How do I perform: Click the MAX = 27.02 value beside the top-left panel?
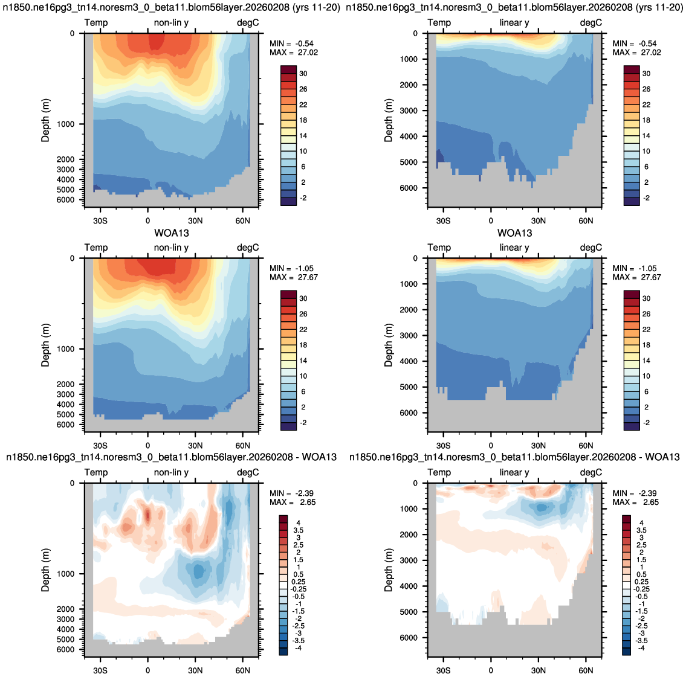[x=294, y=53]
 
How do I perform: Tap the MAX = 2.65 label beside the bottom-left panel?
[x=293, y=502]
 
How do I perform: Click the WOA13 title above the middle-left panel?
[x=172, y=233]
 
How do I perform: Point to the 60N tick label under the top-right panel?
[x=586, y=220]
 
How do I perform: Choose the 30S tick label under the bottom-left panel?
[x=100, y=670]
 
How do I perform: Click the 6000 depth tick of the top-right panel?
[x=410, y=188]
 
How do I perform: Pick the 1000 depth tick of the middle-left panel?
[x=66, y=349]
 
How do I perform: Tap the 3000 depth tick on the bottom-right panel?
[x=410, y=560]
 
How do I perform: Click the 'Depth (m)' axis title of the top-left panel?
[x=45, y=120]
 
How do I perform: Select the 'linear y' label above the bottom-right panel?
[x=514, y=472]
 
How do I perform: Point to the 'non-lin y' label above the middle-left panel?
[x=171, y=248]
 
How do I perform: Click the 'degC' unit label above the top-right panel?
[x=591, y=23]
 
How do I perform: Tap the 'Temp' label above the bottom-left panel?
[x=96, y=472]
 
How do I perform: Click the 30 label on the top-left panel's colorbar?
[x=303, y=74]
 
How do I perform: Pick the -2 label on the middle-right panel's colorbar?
[x=646, y=423]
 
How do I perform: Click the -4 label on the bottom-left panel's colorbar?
[x=299, y=648]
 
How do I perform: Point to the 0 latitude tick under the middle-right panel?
[x=491, y=445]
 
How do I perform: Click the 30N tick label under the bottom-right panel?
[x=538, y=670]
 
